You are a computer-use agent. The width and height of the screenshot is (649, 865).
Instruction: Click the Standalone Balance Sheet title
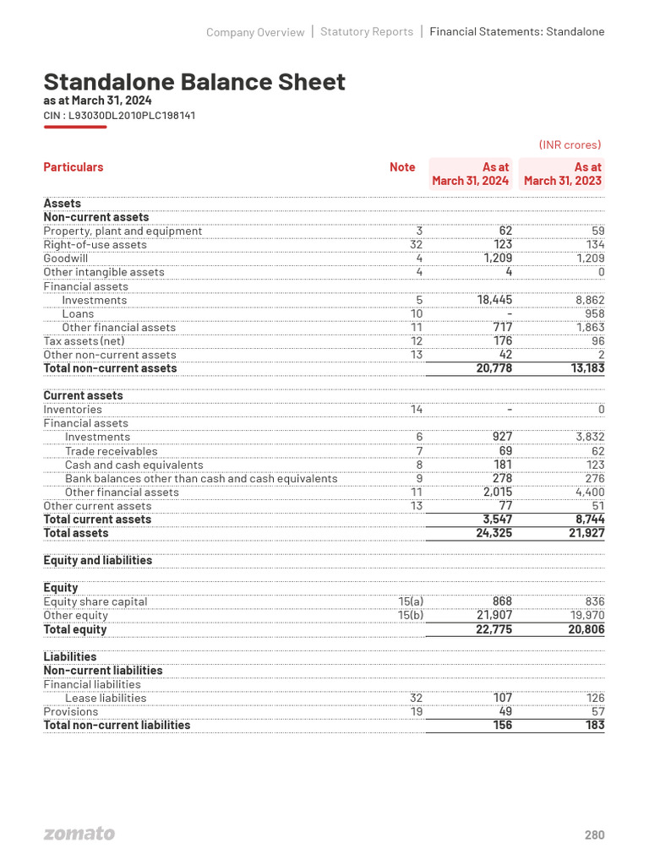tap(194, 82)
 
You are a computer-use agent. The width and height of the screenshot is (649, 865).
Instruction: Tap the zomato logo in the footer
tap(79, 834)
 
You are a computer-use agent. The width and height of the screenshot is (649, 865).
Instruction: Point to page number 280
tap(594, 835)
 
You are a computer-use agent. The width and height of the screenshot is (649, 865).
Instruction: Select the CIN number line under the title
tap(119, 115)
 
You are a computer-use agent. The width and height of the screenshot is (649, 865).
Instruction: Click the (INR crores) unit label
tap(570, 144)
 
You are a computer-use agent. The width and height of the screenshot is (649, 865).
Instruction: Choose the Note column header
tap(402, 167)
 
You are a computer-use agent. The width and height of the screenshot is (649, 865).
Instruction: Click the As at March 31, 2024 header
tap(471, 174)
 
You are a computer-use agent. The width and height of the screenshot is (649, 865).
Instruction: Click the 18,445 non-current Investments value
tap(489, 300)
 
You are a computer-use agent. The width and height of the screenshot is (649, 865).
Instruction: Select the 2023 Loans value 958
tap(594, 313)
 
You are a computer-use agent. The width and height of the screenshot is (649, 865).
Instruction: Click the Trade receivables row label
tap(111, 451)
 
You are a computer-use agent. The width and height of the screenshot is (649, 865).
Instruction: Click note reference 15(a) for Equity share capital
tap(410, 601)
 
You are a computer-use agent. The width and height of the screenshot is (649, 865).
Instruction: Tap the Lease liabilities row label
tap(106, 698)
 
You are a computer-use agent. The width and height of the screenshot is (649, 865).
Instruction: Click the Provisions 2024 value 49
tap(503, 711)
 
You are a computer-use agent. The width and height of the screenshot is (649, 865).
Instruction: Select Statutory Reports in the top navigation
tap(367, 32)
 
